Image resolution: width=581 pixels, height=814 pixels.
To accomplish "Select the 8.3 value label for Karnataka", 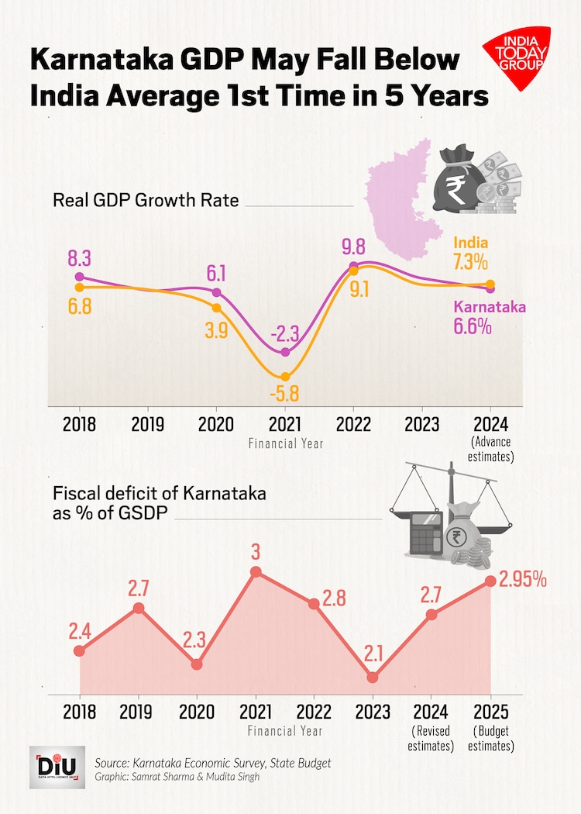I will click(79, 257).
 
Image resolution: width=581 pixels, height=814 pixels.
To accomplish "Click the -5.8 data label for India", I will click(284, 393).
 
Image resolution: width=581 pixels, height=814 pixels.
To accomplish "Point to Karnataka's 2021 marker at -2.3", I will click(285, 353).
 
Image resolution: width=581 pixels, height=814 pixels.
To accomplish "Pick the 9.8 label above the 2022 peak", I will click(353, 249).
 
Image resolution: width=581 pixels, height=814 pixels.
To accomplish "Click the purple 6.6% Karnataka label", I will click(473, 326).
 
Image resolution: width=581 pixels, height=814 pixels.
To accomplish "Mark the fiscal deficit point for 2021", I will click(256, 572).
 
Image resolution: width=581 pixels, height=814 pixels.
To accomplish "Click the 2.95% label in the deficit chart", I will click(523, 579).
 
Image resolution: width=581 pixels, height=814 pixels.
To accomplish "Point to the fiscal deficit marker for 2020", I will click(197, 664).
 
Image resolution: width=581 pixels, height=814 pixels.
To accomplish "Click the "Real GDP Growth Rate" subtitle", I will click(146, 200).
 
